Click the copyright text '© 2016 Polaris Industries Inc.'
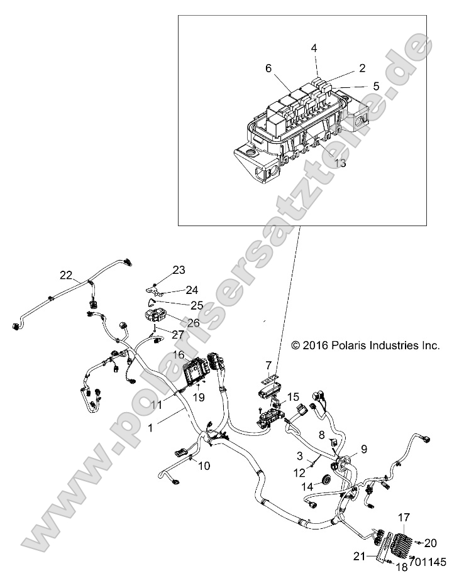point(365,345)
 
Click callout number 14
point(307,487)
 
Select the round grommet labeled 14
point(326,481)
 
